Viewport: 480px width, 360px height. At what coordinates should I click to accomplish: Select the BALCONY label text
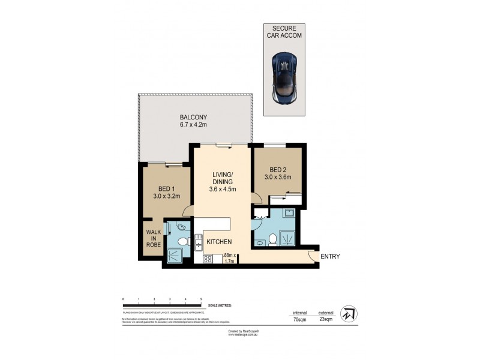pyautogui.click(x=193, y=117)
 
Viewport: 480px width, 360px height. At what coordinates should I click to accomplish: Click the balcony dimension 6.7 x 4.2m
pyautogui.click(x=193, y=125)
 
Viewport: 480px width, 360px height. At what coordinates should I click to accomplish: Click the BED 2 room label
pyautogui.click(x=278, y=169)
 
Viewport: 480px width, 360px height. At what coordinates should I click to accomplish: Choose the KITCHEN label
pyautogui.click(x=220, y=242)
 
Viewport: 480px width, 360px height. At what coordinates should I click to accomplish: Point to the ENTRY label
pyautogui.click(x=330, y=257)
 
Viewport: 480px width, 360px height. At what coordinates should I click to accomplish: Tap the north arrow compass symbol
pyautogui.click(x=348, y=314)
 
